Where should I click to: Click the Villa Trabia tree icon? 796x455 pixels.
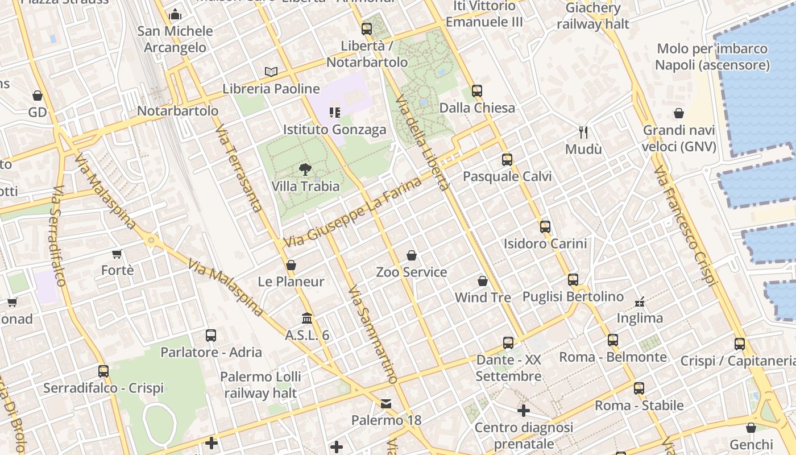pos(305,169)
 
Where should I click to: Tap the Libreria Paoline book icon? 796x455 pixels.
pos(271,72)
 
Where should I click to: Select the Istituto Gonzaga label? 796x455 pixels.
pos(334,130)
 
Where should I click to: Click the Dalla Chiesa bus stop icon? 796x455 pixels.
pos(477,91)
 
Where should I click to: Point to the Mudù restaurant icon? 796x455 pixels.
pos(583,133)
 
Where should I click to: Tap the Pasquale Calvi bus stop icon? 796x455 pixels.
pos(507,160)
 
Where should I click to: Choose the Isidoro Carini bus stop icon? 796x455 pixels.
pos(545,227)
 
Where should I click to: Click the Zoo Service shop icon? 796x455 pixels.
pos(412,255)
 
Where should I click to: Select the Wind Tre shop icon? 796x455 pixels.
pos(483,281)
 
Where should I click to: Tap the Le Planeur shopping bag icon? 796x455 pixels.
pos(291,265)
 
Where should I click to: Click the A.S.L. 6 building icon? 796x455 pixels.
pos(307,318)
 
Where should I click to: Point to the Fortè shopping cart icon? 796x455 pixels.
pos(117,254)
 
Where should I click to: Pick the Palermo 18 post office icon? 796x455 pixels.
pos(386,404)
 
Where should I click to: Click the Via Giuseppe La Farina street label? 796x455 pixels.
pos(353,213)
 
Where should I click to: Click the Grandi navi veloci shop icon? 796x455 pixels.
pos(678,113)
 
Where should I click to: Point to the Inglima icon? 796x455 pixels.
pos(640,301)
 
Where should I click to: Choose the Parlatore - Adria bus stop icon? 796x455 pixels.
pos(211,336)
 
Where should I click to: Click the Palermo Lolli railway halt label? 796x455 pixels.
pos(260,384)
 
